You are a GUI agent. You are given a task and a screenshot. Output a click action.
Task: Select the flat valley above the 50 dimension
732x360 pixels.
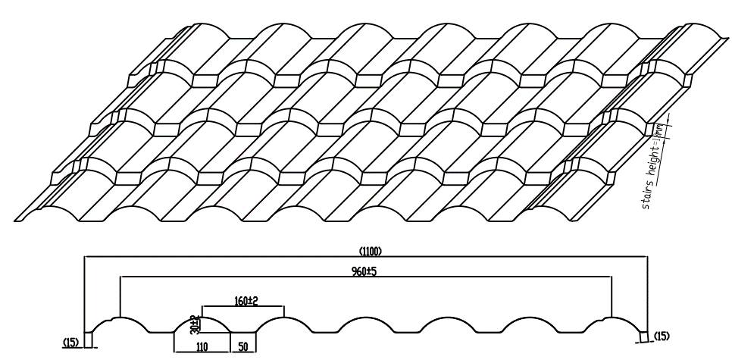pyautogui.click(x=242, y=332)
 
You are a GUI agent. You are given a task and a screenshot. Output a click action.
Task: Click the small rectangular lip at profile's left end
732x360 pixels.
pyautogui.click(x=88, y=338)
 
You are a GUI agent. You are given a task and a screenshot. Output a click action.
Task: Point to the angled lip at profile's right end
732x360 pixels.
pyautogui.click(x=645, y=337)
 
